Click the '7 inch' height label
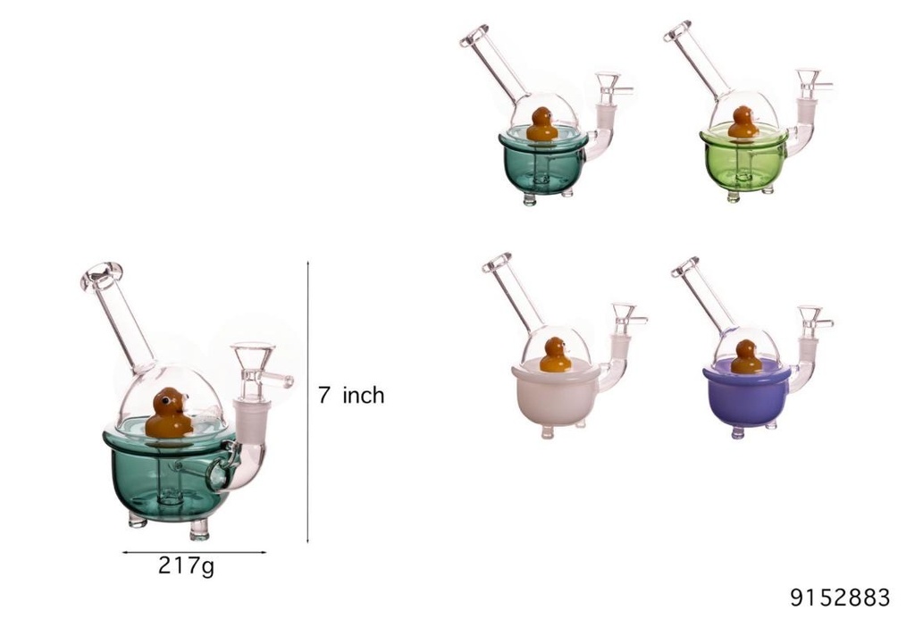point(351,395)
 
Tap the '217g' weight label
point(186,565)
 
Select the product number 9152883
point(840,597)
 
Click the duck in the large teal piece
point(168,414)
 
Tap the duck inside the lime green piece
point(743,122)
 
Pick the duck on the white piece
point(556,355)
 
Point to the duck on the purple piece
point(746,356)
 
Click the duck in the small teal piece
point(541,124)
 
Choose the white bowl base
point(555,397)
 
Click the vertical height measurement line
point(308,402)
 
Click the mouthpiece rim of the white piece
point(496,262)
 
